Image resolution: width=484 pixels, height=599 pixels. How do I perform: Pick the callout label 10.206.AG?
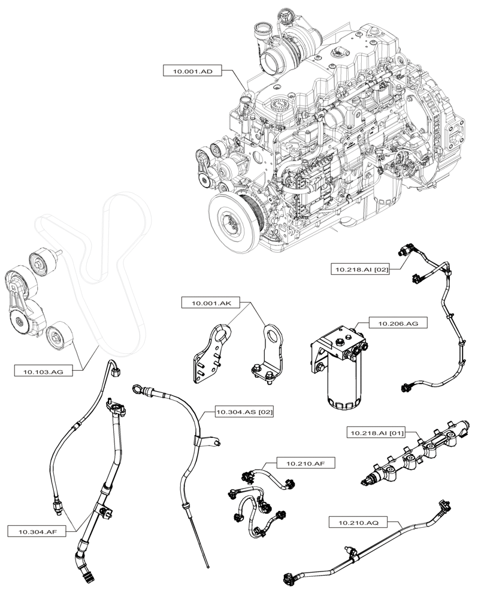click(x=394, y=323)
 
